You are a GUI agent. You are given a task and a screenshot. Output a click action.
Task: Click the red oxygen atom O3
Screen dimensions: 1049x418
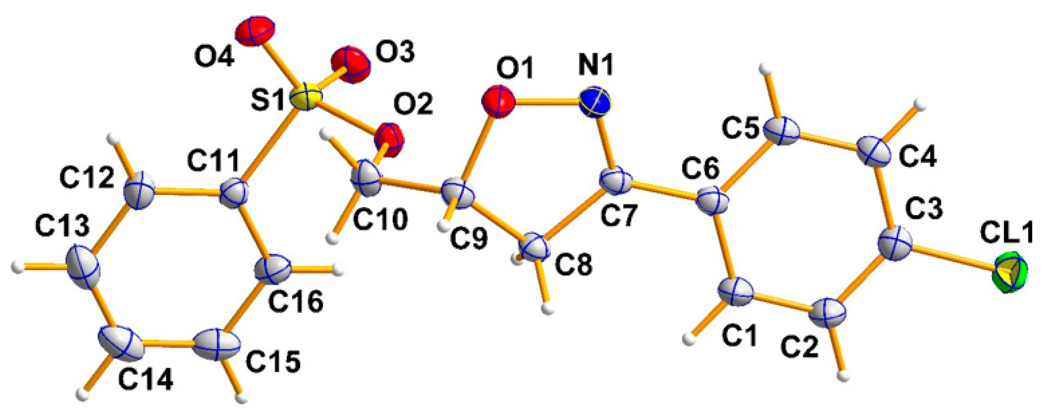(x=351, y=65)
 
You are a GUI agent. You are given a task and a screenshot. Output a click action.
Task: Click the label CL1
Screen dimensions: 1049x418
(x=1011, y=235)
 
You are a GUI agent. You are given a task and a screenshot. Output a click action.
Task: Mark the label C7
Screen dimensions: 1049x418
(x=618, y=216)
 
